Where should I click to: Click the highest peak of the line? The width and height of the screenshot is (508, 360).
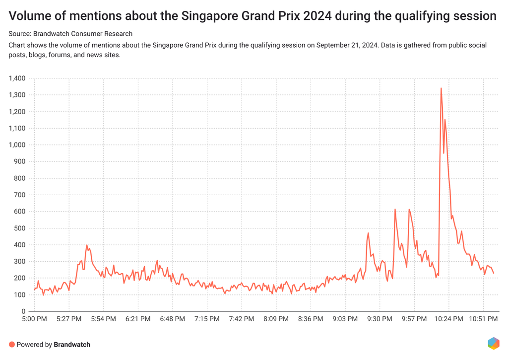[441, 88]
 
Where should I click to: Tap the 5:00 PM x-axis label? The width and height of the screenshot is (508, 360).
[34, 319]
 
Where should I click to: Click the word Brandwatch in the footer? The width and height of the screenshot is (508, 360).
[72, 344]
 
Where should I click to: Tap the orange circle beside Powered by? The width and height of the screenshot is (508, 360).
[12, 344]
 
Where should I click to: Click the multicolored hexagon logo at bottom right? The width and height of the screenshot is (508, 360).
[493, 343]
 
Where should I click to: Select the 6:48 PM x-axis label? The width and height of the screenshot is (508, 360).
[172, 319]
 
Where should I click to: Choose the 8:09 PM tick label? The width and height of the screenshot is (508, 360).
[276, 319]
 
